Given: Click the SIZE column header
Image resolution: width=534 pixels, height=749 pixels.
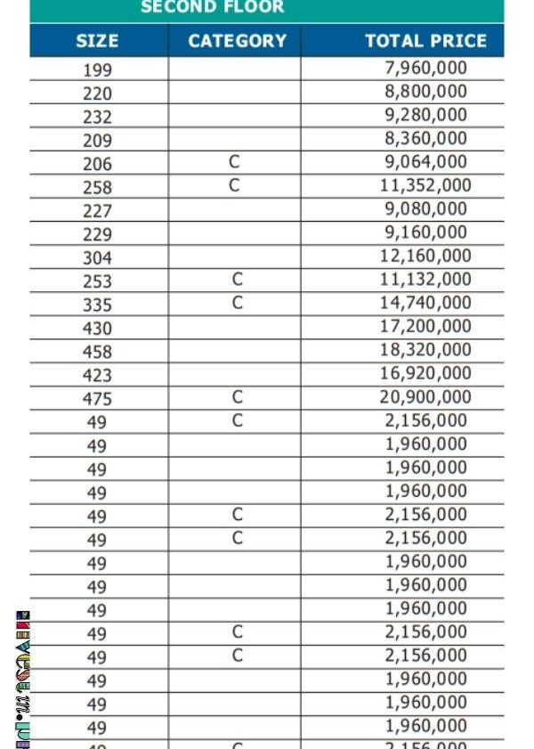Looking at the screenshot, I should (97, 41).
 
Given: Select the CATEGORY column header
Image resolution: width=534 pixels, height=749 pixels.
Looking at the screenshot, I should (237, 41).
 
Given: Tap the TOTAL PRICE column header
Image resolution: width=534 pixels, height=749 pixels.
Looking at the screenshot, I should (425, 41).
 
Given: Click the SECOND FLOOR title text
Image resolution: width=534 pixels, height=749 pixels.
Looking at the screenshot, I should (212, 8).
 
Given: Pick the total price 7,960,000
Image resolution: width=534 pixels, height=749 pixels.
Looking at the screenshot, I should (425, 68).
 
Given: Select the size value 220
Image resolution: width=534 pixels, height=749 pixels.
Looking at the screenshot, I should (97, 93).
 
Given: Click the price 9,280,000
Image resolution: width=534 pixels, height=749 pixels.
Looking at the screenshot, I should (425, 114).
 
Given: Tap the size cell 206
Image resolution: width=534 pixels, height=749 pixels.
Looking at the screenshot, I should (97, 164).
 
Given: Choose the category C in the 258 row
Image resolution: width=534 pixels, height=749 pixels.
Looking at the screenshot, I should (235, 185).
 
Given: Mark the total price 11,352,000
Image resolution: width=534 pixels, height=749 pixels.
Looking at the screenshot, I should (425, 185).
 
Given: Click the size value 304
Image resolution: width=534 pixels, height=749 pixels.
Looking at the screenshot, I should (97, 258).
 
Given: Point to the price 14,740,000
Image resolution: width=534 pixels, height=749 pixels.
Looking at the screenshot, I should (425, 303).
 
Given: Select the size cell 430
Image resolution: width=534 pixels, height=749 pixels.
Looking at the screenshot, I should (97, 329).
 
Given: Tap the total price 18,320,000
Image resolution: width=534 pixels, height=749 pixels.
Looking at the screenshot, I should (425, 350).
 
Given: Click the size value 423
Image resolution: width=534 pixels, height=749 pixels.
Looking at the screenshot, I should (97, 376).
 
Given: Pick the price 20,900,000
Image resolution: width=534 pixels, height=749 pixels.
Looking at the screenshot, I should (425, 397).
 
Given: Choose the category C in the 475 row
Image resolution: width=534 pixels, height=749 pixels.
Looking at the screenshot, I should (237, 397).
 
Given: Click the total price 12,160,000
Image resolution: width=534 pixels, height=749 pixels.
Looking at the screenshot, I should (425, 256).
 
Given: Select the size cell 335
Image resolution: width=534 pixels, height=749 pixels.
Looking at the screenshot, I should (97, 305).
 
